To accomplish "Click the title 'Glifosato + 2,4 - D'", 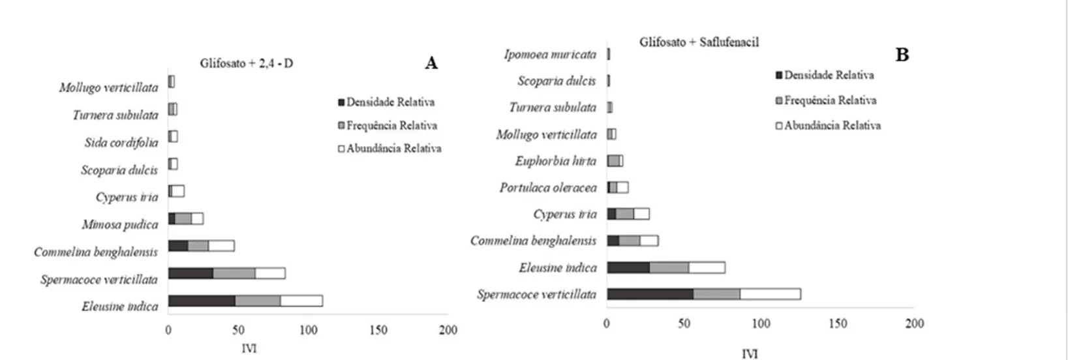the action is click(x=246, y=63).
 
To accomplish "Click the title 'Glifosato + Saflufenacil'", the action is click(x=699, y=42).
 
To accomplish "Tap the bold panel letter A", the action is click(x=431, y=63).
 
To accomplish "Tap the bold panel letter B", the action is click(x=902, y=55).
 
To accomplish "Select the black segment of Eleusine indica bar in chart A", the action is click(x=202, y=301).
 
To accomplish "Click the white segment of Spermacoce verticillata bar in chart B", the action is click(x=770, y=294).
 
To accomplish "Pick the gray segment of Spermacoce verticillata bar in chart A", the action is click(x=234, y=273).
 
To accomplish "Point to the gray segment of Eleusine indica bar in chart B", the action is click(x=669, y=267).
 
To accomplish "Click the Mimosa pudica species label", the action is click(x=119, y=224).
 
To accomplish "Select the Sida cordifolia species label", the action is click(x=121, y=143).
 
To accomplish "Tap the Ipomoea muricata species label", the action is click(x=550, y=54).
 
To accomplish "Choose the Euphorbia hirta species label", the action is click(x=555, y=161).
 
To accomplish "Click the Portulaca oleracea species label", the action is click(x=548, y=188).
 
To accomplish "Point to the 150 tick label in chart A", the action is click(x=378, y=330).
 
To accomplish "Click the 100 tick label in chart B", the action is click(x=761, y=323).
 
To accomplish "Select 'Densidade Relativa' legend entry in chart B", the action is click(x=825, y=76).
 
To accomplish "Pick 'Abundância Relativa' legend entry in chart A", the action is click(x=389, y=148).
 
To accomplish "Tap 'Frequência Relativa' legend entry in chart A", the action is click(x=388, y=125).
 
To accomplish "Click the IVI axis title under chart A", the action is click(x=249, y=348).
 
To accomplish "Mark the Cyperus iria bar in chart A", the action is click(x=176, y=191).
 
